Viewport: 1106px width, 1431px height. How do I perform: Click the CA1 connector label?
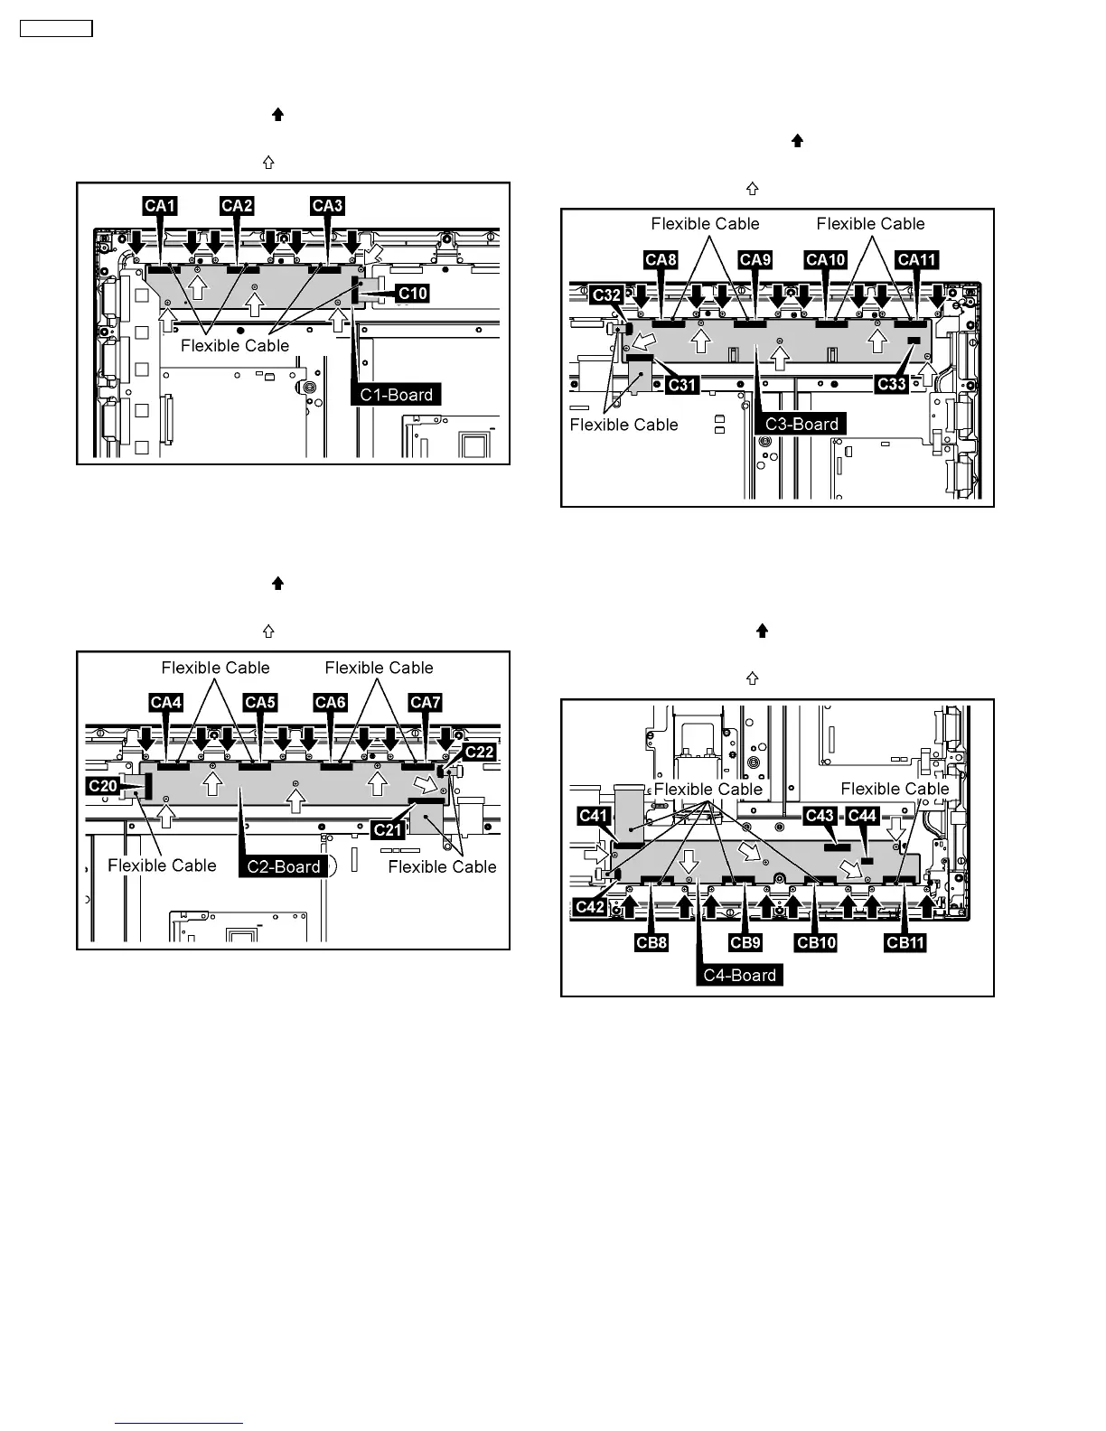click(x=160, y=206)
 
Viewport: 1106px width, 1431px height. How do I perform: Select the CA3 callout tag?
click(x=327, y=206)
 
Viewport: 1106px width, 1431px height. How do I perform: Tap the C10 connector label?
click(x=413, y=294)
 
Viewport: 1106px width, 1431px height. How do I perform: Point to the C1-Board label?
click(x=397, y=395)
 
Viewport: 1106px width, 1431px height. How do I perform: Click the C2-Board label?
click(x=284, y=866)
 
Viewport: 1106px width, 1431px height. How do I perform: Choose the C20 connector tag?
click(x=103, y=786)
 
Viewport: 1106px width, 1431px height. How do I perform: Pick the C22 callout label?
click(x=479, y=753)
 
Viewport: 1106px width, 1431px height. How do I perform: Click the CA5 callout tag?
click(x=259, y=703)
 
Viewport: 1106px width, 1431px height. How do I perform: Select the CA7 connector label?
click(x=425, y=703)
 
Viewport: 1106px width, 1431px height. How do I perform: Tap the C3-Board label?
click(x=801, y=424)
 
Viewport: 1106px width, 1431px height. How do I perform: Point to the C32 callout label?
click(x=606, y=295)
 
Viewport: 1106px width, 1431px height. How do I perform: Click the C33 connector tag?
click(x=892, y=384)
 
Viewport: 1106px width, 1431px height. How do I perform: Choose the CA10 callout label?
click(x=825, y=260)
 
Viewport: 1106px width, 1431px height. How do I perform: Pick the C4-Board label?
click(x=739, y=975)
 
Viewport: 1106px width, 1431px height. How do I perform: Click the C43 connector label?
click(x=820, y=816)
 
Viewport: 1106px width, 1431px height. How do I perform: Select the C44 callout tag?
click(x=862, y=816)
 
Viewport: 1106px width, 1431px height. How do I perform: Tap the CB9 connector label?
click(x=745, y=943)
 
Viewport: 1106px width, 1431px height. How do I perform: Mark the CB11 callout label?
click(x=905, y=943)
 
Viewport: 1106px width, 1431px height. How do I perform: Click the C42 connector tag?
click(x=591, y=907)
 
